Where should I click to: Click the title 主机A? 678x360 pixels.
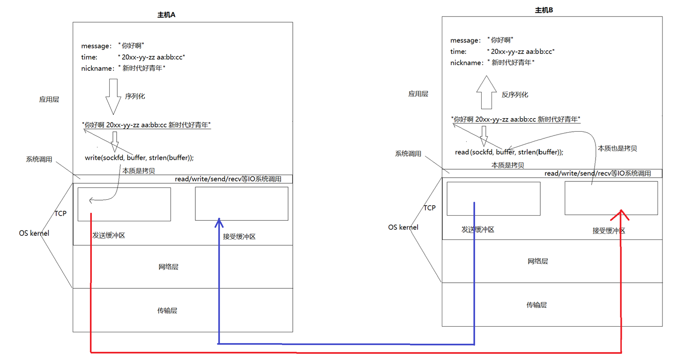[x=166, y=15]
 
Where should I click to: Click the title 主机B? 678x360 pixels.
[x=544, y=10]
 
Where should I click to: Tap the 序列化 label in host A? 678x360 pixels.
[x=135, y=96]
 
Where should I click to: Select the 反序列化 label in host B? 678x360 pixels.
[x=514, y=95]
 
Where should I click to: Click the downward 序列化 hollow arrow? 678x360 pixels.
[x=113, y=96]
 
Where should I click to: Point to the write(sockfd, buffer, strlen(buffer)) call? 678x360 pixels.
[x=139, y=157]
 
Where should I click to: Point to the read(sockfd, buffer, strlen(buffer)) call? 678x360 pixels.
[x=509, y=152]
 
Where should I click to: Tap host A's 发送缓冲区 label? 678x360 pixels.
[x=109, y=235]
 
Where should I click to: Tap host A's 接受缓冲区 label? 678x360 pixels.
[x=239, y=236]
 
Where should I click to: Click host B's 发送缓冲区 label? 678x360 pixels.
[x=478, y=230]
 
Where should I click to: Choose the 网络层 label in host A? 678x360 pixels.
[x=168, y=267]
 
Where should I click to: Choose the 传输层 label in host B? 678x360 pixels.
[x=536, y=305]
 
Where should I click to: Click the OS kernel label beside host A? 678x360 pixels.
[x=34, y=233]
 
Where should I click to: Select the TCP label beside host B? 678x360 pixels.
[x=430, y=208]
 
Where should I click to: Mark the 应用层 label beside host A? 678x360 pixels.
[x=49, y=99]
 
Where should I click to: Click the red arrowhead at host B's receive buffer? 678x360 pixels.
[x=621, y=214]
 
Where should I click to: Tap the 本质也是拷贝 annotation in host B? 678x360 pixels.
[x=617, y=148]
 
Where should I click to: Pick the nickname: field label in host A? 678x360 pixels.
[x=97, y=68]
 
